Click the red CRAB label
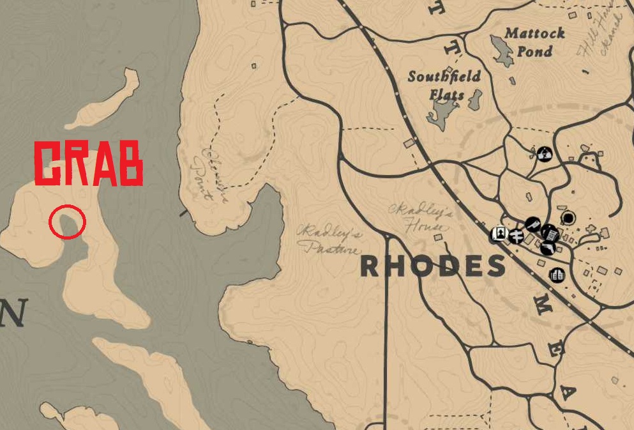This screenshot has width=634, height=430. click(x=87, y=164)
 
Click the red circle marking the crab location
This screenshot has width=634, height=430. click(x=67, y=222)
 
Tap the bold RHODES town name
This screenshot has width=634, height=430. click(x=433, y=266)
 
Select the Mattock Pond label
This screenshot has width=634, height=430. click(x=534, y=42)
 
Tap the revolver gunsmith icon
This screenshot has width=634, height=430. click(x=548, y=247)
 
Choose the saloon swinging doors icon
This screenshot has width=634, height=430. click(x=557, y=275)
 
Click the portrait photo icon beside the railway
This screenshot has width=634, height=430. click(x=499, y=234)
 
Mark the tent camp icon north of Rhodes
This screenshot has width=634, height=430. click(x=544, y=153)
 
